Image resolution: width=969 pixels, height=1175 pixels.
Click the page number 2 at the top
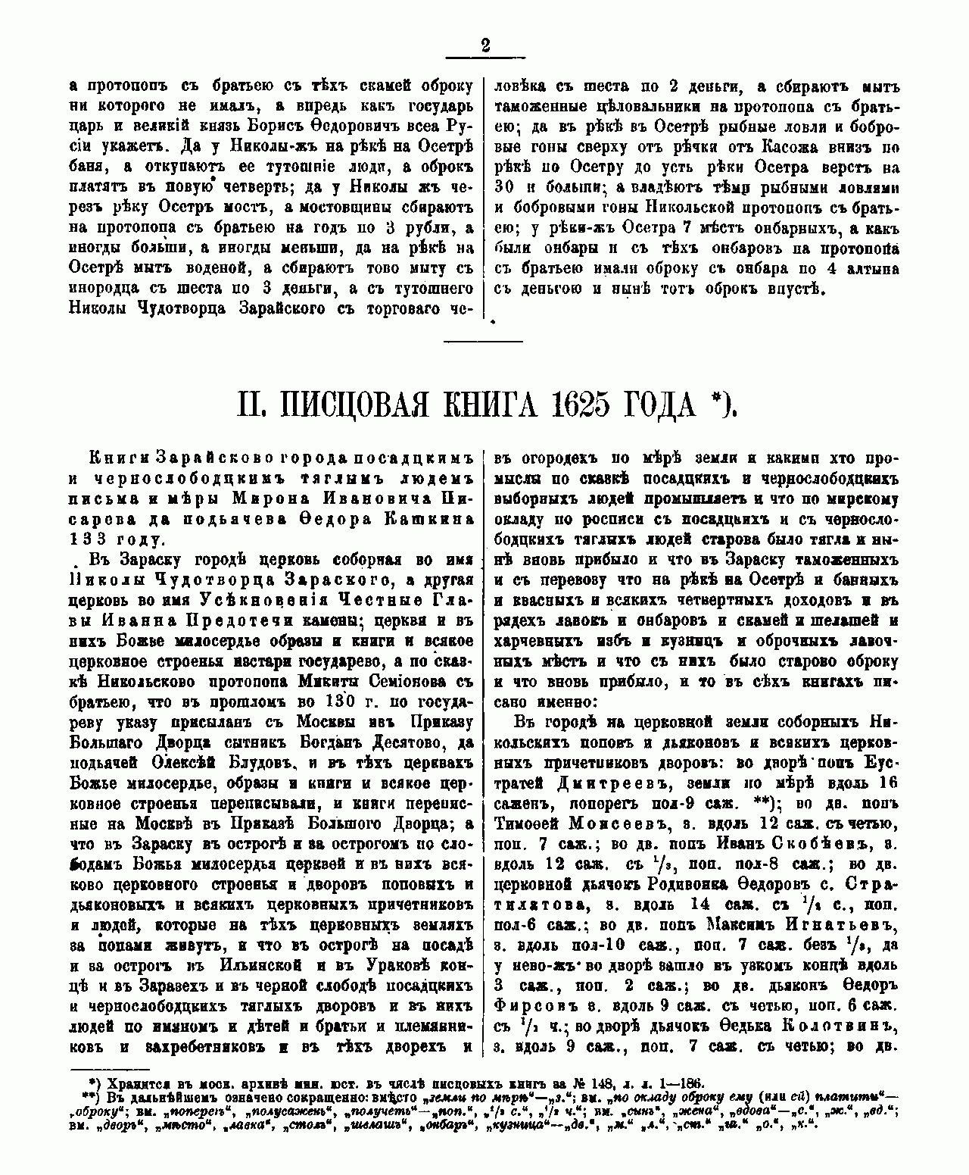point(484,46)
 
